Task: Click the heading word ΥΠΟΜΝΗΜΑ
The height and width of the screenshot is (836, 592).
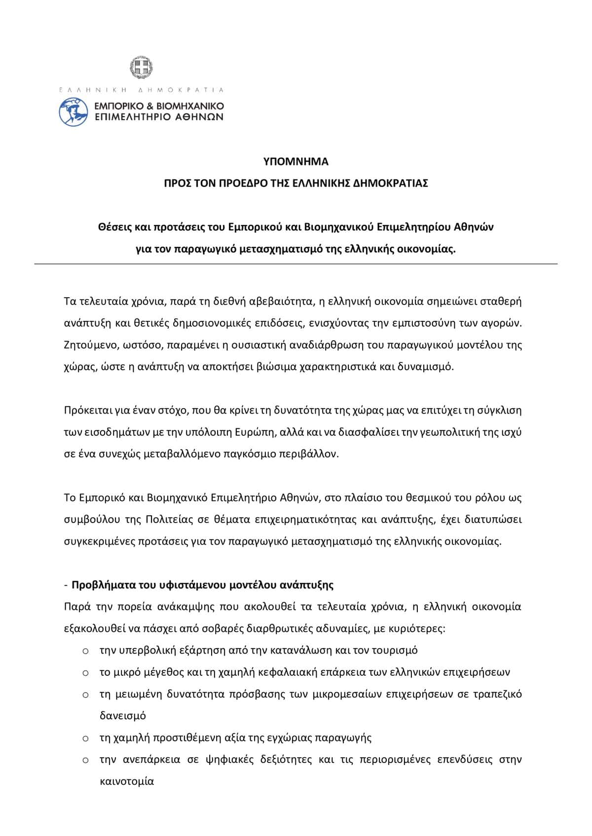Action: (x=296, y=162)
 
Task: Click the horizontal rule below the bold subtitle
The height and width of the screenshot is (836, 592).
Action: (x=296, y=264)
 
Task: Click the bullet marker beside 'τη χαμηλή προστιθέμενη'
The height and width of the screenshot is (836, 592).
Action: (x=85, y=738)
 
